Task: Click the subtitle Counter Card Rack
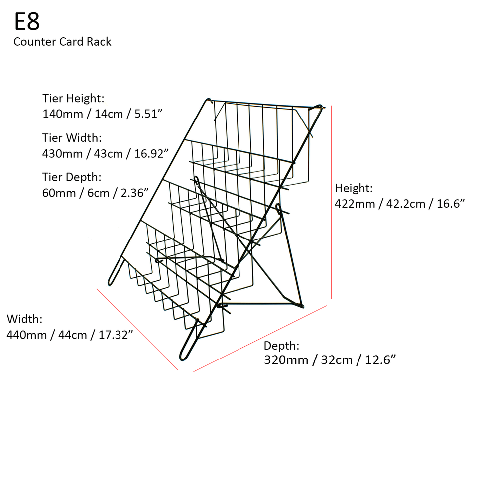(x=62, y=42)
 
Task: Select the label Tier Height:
(x=73, y=98)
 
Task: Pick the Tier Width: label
(x=72, y=137)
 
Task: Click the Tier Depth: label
(x=72, y=177)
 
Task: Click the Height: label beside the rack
(x=354, y=188)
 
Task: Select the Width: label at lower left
(x=25, y=319)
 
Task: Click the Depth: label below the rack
(x=282, y=346)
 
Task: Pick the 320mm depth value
(x=286, y=360)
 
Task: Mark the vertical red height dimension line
(x=331, y=199)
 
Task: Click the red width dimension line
(x=137, y=329)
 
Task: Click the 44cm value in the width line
(x=71, y=335)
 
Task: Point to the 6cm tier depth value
(x=98, y=193)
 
